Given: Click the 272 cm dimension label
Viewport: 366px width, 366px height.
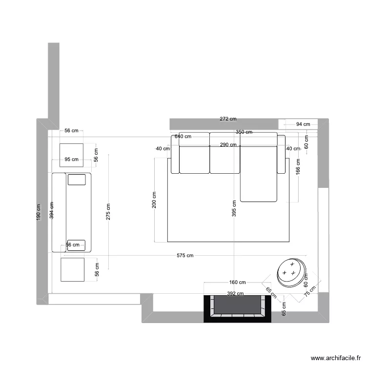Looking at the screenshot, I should tap(228, 119).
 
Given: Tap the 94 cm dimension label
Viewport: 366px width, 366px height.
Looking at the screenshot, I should tap(303, 124).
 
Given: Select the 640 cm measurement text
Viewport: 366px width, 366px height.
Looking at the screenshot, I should tap(183, 137).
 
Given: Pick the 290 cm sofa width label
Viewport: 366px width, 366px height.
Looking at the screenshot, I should tap(228, 144).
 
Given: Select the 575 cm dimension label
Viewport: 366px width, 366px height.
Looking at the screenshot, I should tap(185, 255).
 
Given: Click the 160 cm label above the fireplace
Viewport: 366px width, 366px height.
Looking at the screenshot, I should tap(237, 282).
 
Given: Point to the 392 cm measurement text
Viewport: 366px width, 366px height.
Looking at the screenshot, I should tap(236, 294).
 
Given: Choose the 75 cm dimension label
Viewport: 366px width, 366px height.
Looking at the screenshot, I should tap(309, 291).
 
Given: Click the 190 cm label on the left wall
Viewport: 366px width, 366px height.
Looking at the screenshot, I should tap(39, 212).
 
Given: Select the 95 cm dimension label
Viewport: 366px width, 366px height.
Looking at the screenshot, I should tap(71, 159).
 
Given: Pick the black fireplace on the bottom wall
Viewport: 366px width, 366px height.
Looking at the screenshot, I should tap(237, 309).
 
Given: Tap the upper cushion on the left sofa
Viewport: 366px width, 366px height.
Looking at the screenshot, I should tap(77, 180).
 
